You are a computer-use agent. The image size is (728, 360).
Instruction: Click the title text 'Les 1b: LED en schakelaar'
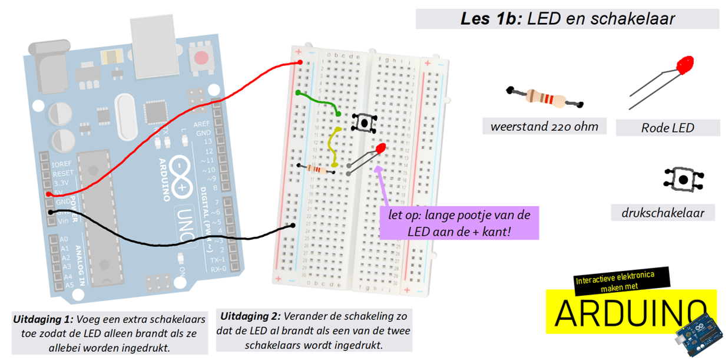[x=567, y=19]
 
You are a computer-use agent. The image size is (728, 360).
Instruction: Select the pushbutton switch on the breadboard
[x=364, y=123]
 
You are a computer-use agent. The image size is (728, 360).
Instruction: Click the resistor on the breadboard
[x=317, y=169]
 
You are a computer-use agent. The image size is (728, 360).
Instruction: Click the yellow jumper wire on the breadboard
[x=333, y=147]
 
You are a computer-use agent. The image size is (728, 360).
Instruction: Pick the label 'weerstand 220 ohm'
[x=544, y=126]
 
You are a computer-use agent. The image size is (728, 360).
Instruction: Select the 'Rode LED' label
[x=667, y=127]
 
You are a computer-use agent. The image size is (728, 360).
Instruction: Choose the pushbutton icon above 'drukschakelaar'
[x=684, y=179]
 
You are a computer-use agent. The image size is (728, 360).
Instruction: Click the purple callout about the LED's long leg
[x=459, y=223]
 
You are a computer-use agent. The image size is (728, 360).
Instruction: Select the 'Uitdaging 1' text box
[x=110, y=333]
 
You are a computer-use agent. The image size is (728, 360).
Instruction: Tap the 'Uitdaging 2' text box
[x=313, y=330]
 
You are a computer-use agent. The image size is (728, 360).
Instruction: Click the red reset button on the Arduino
[x=201, y=58]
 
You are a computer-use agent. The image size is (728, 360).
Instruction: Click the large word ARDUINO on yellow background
[x=631, y=313]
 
